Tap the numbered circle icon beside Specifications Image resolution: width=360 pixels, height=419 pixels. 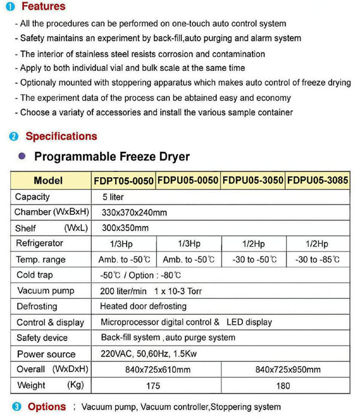click(x=14, y=137)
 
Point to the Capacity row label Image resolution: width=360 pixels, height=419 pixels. click(x=33, y=197)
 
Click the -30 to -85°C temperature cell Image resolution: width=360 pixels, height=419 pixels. click(x=317, y=260)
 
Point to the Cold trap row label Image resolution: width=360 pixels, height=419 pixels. click(x=35, y=275)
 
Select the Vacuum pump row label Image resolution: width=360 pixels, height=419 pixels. click(x=46, y=291)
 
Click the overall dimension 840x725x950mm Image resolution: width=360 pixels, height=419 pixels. click(x=288, y=369)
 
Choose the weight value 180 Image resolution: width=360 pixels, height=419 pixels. click(x=284, y=385)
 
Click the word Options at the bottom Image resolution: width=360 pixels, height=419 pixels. click(x=47, y=407)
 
